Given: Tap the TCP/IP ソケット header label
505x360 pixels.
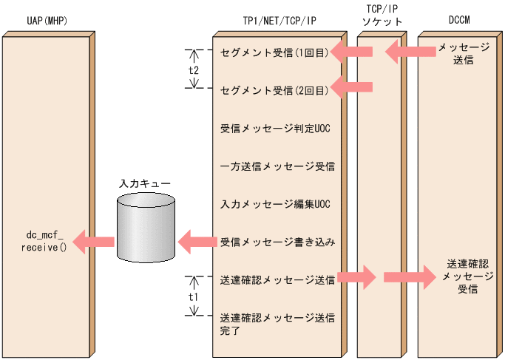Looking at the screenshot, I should click(382, 15).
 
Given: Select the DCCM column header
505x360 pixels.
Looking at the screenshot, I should click(458, 21).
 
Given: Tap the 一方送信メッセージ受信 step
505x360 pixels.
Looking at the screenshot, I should click(278, 166).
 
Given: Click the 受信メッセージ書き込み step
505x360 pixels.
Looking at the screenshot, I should click(278, 242).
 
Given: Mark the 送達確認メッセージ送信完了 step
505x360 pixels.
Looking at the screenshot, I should click(278, 324).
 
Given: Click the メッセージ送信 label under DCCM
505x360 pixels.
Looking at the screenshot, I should click(463, 53).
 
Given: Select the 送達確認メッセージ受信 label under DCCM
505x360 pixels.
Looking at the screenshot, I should click(463, 276).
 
